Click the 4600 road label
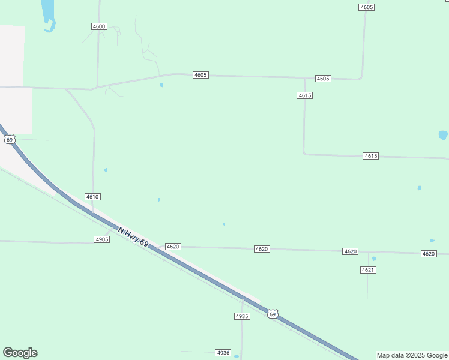tap(99, 26)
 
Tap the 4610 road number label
tap(92, 197)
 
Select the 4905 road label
tap(102, 239)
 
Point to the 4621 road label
tap(368, 270)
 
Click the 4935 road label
tap(241, 316)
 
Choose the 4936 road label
tap(223, 353)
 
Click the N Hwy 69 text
tap(133, 235)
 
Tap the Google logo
tap(20, 353)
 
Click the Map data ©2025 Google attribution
tap(412, 355)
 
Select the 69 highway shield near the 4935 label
tap(273, 314)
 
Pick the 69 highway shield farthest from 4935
tap(9, 139)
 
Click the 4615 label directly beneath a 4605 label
tap(304, 95)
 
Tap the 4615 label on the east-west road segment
tap(371, 156)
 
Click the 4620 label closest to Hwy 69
tap(173, 247)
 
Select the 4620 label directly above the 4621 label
tap(351, 251)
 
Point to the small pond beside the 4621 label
tap(374, 259)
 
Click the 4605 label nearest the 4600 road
tap(200, 75)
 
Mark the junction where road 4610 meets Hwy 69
tap(92, 214)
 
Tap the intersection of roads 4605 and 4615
tap(305, 78)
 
